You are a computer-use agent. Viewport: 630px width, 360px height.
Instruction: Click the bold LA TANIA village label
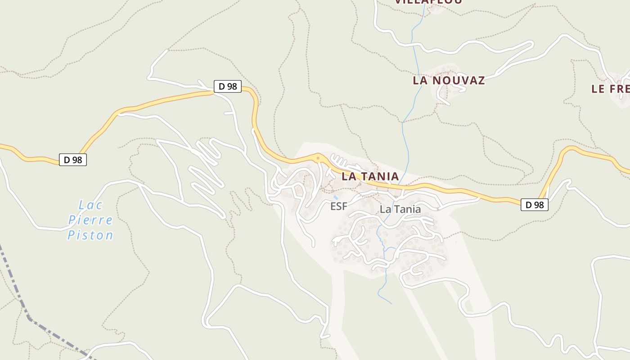point(370,176)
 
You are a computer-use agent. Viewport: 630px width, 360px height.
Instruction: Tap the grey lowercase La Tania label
point(400,209)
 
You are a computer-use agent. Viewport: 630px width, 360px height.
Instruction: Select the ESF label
point(339,207)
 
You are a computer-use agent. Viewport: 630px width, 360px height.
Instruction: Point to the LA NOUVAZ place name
point(449,81)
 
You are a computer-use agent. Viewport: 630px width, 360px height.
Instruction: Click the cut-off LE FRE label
point(610,89)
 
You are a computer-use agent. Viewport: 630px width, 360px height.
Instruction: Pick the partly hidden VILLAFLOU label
point(428,2)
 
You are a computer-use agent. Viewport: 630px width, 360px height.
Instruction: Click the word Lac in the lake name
point(90,205)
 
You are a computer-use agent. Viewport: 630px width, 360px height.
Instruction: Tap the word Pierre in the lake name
point(90,220)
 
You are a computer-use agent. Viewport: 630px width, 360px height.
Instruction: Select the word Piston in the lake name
point(90,235)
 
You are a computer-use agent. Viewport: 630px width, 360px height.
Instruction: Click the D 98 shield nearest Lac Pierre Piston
point(73,159)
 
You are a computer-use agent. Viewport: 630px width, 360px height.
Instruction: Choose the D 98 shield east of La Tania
point(535,205)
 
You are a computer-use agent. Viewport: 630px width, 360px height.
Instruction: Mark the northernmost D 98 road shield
point(227,86)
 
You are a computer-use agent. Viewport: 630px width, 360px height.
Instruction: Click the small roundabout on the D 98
point(318,158)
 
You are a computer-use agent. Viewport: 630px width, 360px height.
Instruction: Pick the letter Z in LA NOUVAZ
point(481,81)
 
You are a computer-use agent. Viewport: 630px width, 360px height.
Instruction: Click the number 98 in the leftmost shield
point(77,159)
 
